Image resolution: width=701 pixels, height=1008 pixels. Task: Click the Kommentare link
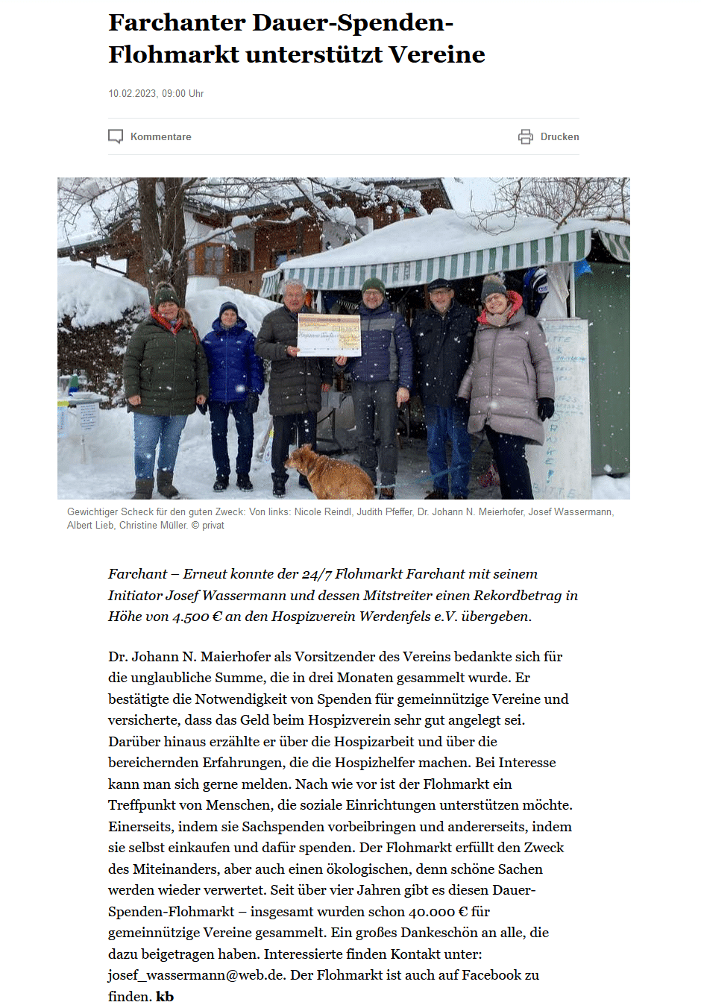tap(160, 136)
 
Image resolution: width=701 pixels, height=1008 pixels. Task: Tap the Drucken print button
tap(559, 136)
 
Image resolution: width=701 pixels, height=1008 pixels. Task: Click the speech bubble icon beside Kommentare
tap(116, 136)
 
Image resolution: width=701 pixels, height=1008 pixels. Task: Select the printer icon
tap(526, 136)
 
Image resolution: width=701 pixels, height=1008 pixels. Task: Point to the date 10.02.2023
tap(133, 93)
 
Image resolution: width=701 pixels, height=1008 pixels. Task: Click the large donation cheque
tap(329, 335)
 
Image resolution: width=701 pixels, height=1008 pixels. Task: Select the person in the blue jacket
tap(232, 373)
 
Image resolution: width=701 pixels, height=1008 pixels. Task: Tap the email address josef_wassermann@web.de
tap(196, 975)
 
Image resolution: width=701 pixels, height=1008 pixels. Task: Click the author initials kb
tap(165, 997)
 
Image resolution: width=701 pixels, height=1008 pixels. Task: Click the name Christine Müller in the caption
tap(153, 526)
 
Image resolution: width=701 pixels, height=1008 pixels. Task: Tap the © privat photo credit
tap(208, 526)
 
